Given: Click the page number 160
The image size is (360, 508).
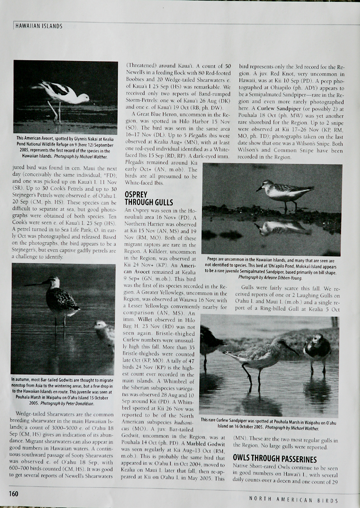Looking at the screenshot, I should tap(13, 494).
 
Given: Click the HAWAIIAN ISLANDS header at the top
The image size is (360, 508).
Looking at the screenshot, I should tap(39, 26).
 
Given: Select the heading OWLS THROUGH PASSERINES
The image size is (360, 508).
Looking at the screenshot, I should tap(274, 459).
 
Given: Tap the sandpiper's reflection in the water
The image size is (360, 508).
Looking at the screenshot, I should tap(283, 227).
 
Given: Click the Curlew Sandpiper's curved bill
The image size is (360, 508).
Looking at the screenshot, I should tap(289, 347).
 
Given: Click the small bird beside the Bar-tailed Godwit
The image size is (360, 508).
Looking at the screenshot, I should tap(105, 333).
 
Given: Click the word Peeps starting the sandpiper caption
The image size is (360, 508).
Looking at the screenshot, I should tap(214, 259).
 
